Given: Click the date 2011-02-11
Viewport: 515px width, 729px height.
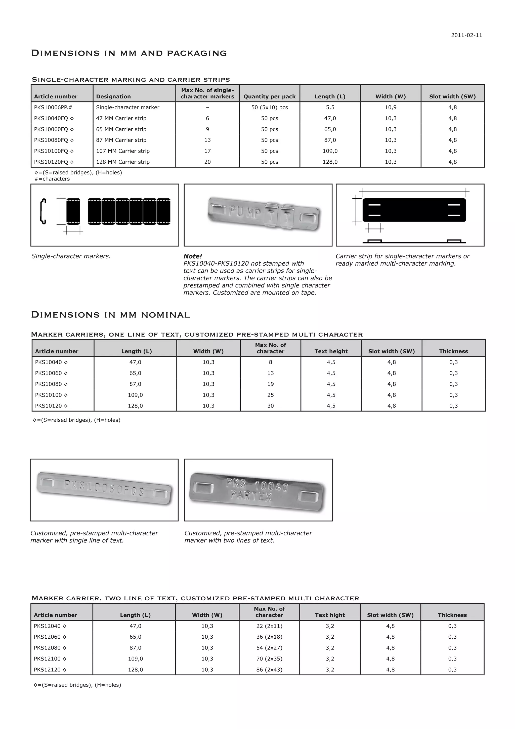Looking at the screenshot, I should (466, 35).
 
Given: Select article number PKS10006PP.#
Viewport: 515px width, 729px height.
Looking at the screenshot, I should (53, 107).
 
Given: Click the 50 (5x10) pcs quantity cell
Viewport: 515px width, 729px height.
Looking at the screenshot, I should (269, 107).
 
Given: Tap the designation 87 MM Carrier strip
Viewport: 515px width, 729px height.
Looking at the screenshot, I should (121, 140).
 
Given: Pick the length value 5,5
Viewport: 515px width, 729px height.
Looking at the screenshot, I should (330, 107).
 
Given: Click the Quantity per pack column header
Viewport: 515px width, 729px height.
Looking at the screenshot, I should (269, 96).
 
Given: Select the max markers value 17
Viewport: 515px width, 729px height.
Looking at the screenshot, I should (207, 151).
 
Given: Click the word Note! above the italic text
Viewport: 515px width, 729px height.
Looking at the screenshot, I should (192, 256).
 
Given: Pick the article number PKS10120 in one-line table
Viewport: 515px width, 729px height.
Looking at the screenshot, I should (51, 406).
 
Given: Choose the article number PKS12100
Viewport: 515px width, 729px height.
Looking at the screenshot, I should (50, 659).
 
